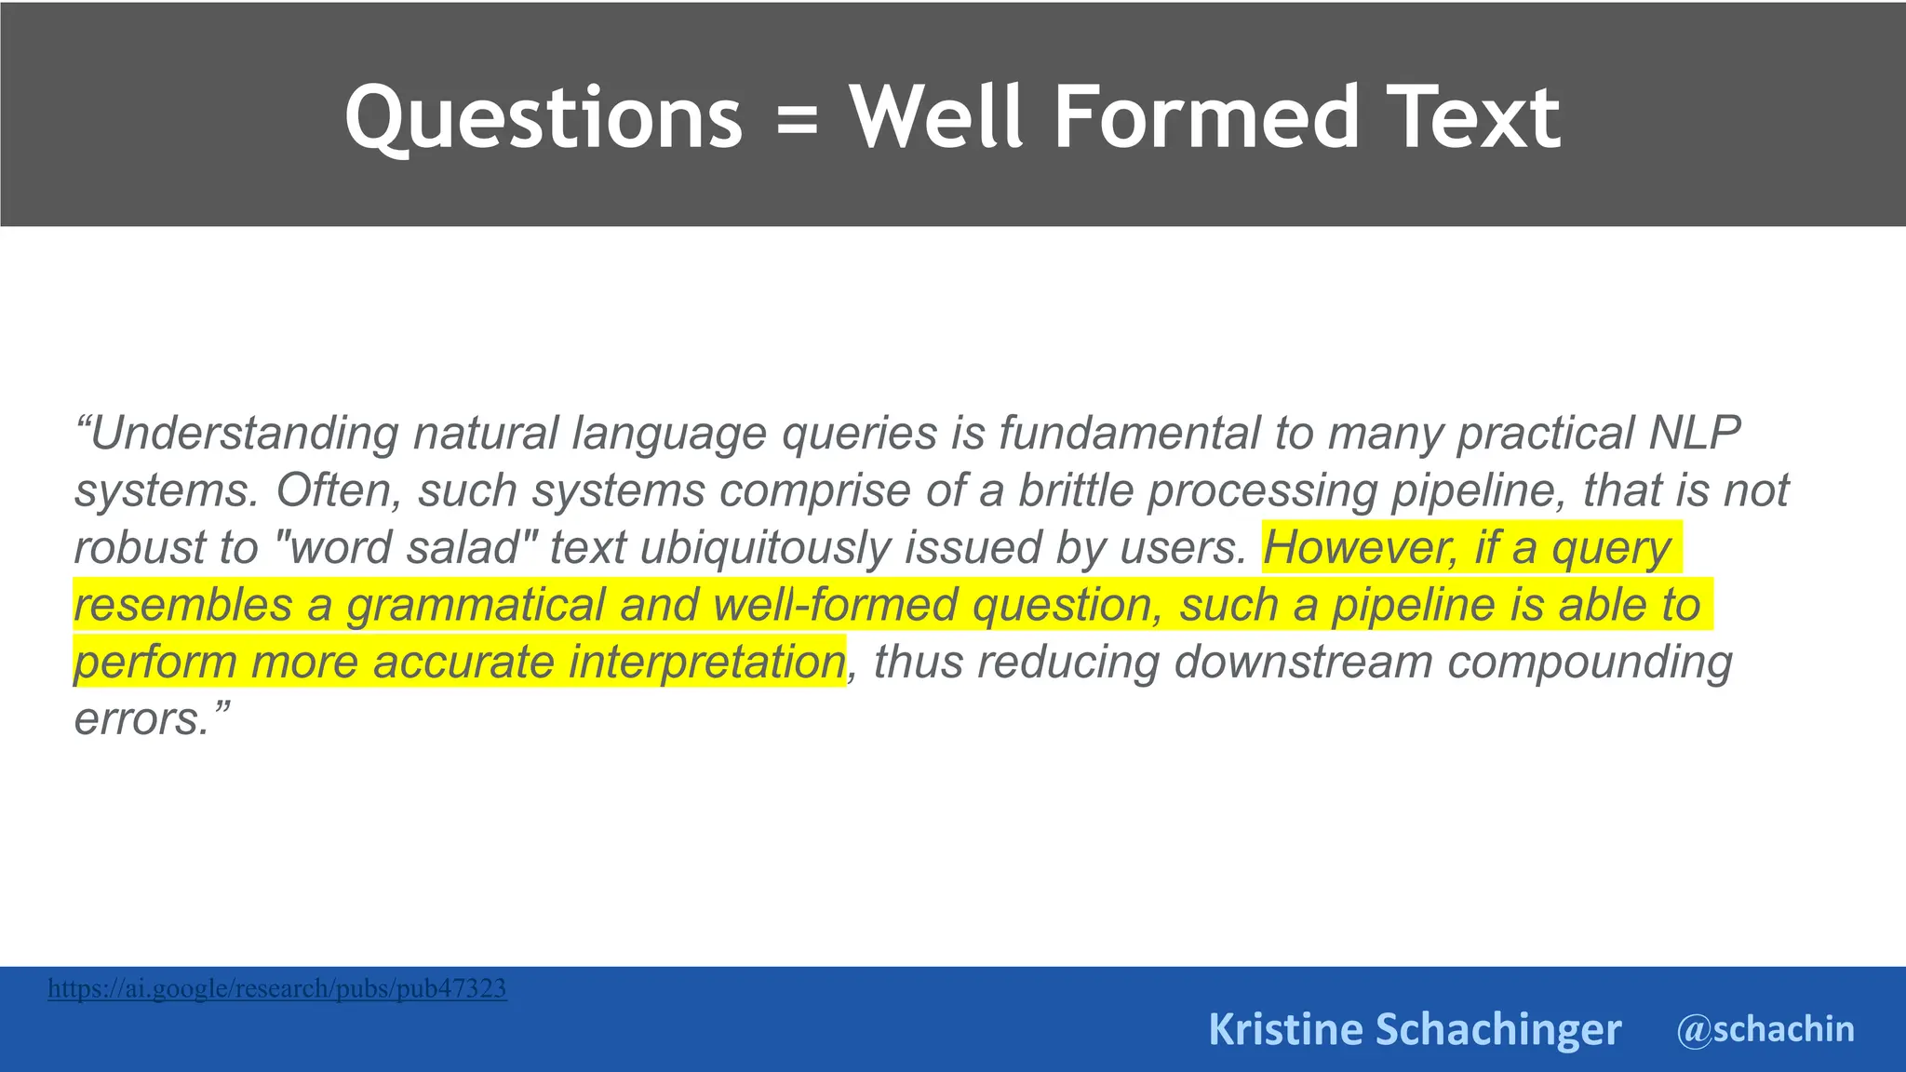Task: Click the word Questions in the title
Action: tap(544, 118)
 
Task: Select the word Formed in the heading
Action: tap(1206, 117)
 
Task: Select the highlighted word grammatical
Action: tap(476, 605)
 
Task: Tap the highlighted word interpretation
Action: tap(706, 663)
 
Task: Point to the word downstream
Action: tap(1303, 663)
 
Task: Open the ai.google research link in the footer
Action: tap(276, 988)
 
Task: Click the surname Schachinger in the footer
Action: tap(1497, 1029)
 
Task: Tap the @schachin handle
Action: tap(1765, 1029)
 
